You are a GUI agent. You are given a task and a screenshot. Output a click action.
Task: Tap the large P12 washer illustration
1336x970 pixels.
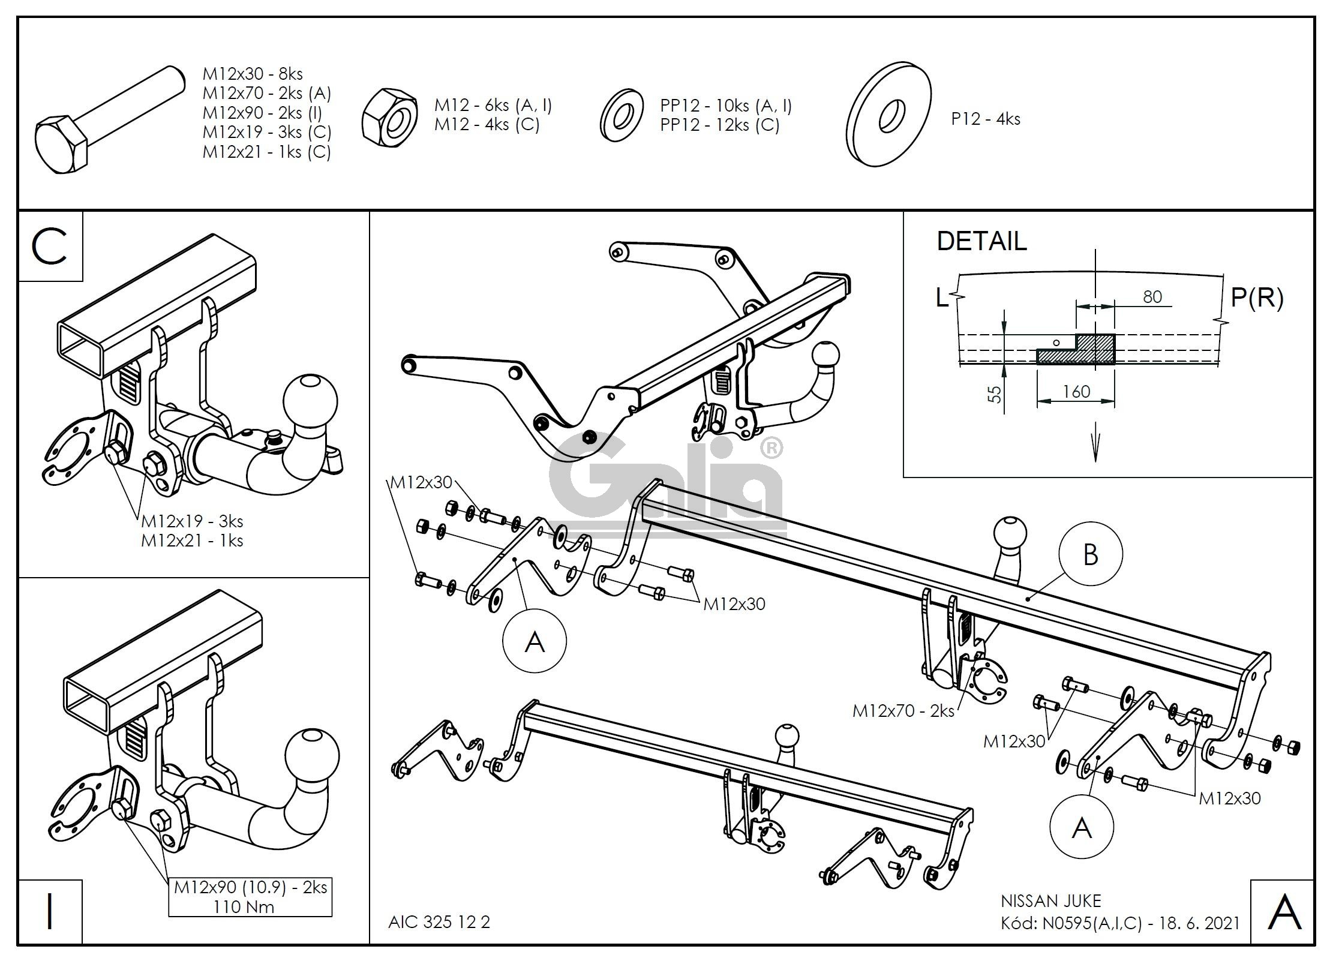point(888,114)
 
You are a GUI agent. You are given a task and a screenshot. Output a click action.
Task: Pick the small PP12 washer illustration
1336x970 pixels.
point(622,116)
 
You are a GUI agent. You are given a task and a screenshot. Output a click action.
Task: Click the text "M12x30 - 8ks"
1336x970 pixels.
point(253,74)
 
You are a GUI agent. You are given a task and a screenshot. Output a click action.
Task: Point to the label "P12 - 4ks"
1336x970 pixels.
point(985,119)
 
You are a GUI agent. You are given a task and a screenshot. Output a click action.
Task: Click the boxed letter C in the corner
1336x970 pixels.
point(50,247)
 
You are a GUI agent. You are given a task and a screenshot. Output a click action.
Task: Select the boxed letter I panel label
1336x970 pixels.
point(50,911)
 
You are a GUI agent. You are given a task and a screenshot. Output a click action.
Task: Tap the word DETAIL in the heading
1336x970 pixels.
point(981,241)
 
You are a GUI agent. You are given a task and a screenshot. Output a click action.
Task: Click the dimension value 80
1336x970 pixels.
point(1152,297)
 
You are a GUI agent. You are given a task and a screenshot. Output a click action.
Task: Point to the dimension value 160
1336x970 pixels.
point(1076,392)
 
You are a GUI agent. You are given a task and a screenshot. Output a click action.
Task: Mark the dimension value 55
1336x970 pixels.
point(995,394)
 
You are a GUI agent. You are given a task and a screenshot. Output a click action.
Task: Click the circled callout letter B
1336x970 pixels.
point(1091,554)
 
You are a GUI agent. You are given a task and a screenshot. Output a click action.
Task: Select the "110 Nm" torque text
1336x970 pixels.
point(244,906)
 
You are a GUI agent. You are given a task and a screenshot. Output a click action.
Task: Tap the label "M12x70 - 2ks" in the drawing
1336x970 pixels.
point(903,711)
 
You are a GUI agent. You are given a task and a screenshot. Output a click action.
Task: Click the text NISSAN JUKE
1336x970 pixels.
point(1050,901)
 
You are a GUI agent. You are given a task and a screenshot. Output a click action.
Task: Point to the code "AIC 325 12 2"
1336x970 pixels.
point(439,922)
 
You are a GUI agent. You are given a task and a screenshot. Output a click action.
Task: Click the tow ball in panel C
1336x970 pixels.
point(310,400)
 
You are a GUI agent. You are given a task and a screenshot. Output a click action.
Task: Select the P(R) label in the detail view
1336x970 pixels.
point(1257,298)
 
